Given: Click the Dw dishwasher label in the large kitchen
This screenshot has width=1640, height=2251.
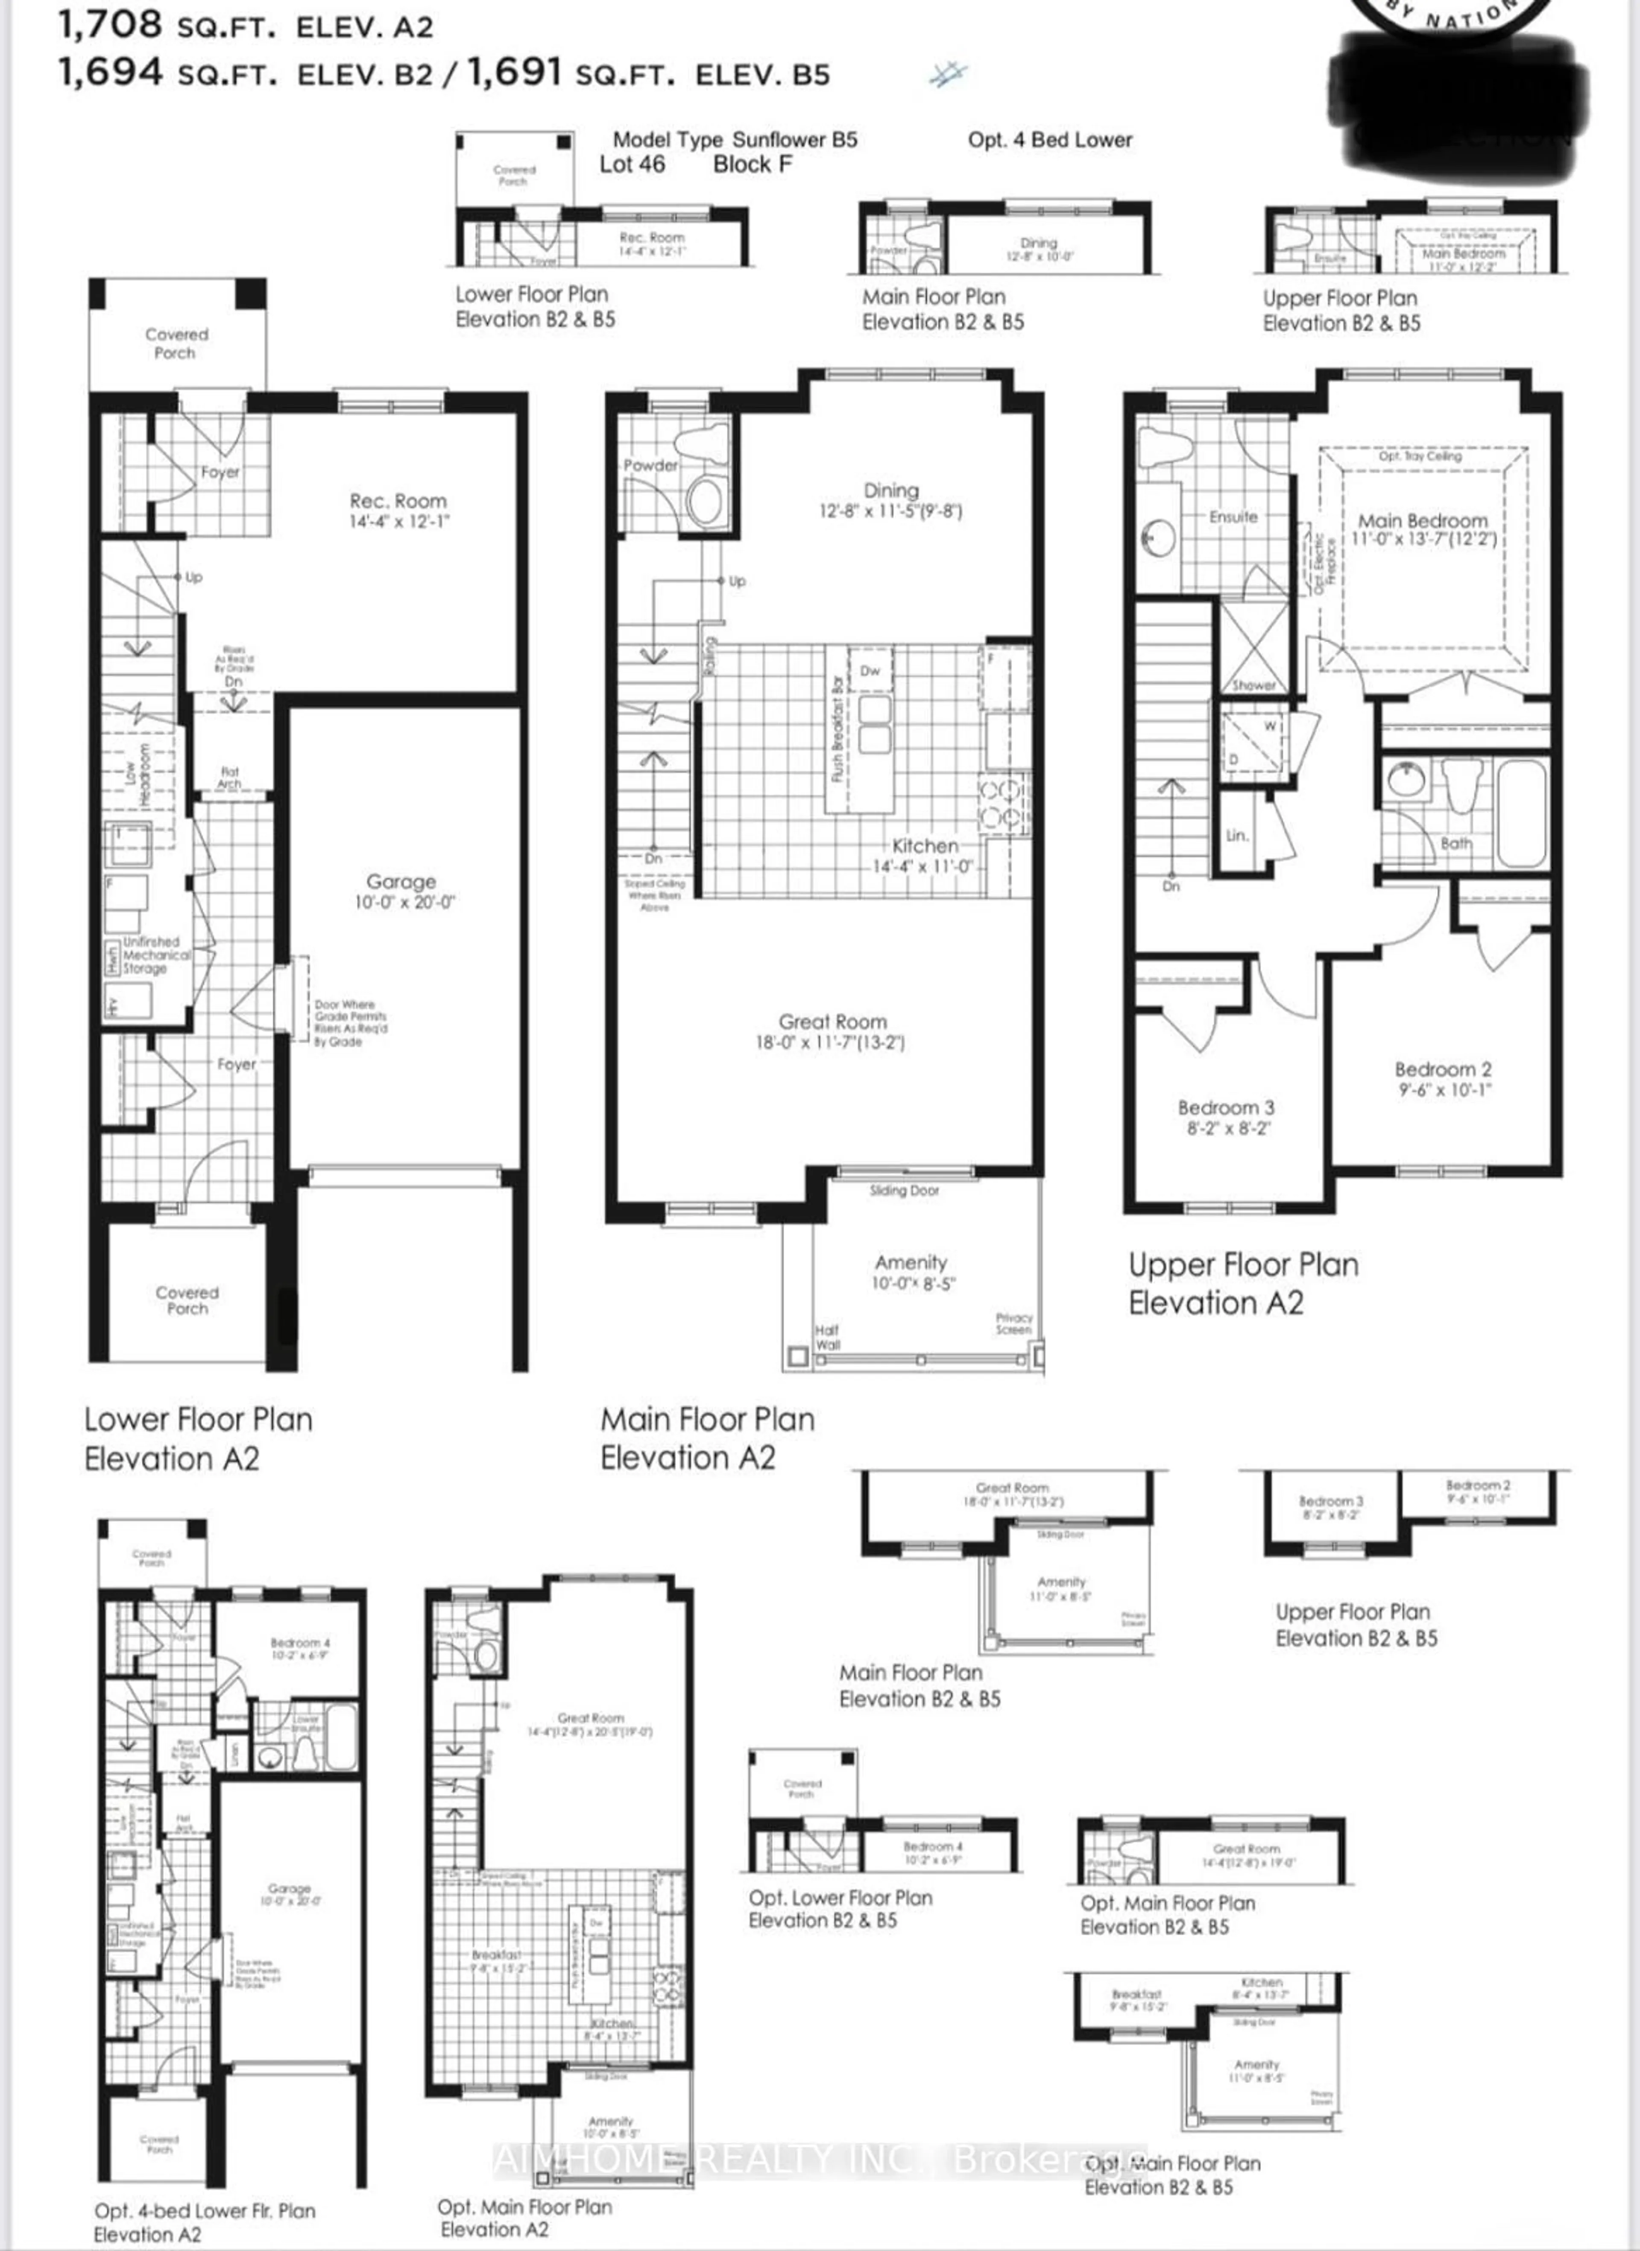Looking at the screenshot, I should (x=870, y=671).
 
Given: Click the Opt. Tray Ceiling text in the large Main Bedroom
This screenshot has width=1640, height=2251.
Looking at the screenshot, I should (x=1420, y=457).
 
